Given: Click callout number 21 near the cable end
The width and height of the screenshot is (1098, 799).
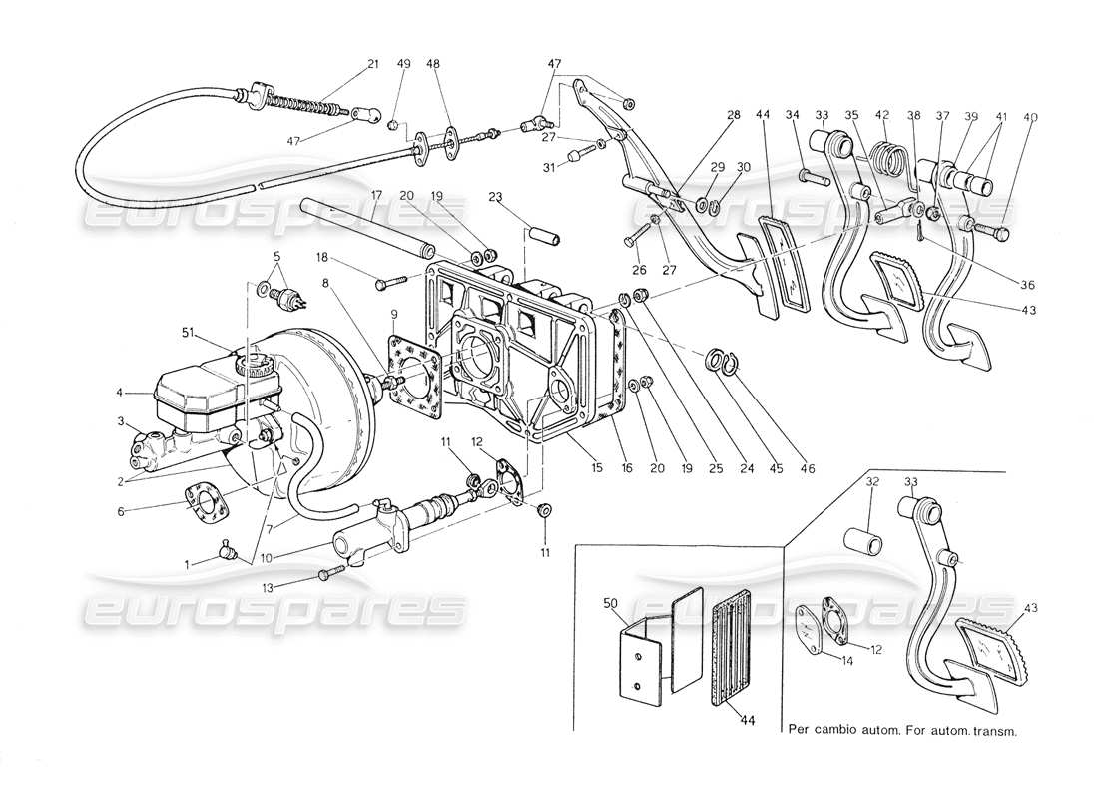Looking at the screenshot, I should [x=372, y=64].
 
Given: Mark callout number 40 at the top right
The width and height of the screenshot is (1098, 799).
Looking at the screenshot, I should [x=1031, y=117].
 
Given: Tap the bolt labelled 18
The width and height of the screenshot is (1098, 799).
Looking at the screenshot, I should [x=388, y=285].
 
